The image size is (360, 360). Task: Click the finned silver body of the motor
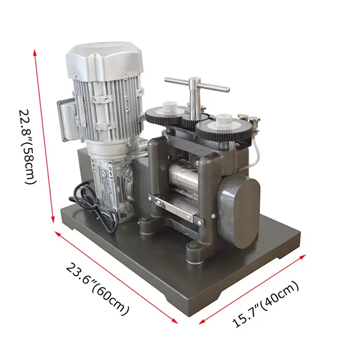110,107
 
